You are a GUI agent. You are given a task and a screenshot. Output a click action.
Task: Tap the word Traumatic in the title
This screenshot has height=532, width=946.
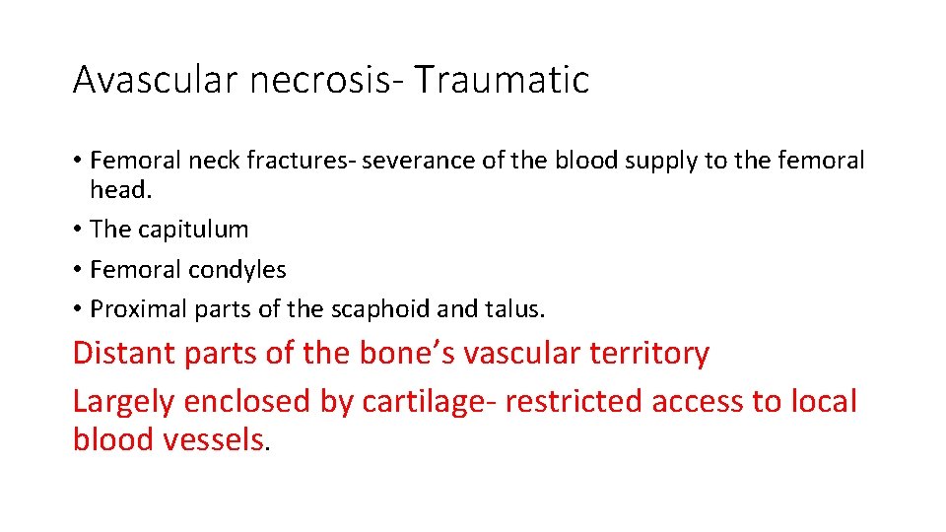[501, 80]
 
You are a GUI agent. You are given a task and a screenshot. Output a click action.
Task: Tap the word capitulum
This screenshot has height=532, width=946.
[192, 230]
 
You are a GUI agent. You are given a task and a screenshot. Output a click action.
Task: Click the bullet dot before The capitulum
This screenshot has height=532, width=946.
[77, 231]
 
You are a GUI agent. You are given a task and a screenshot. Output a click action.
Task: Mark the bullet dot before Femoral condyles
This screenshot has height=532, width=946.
[77, 270]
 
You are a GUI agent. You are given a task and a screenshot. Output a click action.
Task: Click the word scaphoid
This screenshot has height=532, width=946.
[378, 309]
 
